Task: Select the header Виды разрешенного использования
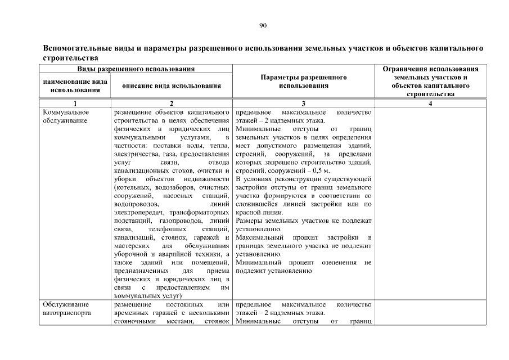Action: pyautogui.click(x=136, y=69)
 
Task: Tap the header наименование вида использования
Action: pyautogui.click(x=75, y=85)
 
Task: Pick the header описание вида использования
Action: pyautogui.click(x=172, y=85)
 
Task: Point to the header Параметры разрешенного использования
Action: pyautogui.click(x=303, y=81)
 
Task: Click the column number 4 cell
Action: pyautogui.click(x=430, y=103)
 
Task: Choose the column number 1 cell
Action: pyautogui.click(x=75, y=103)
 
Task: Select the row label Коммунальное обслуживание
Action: pyautogui.click(x=66, y=116)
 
